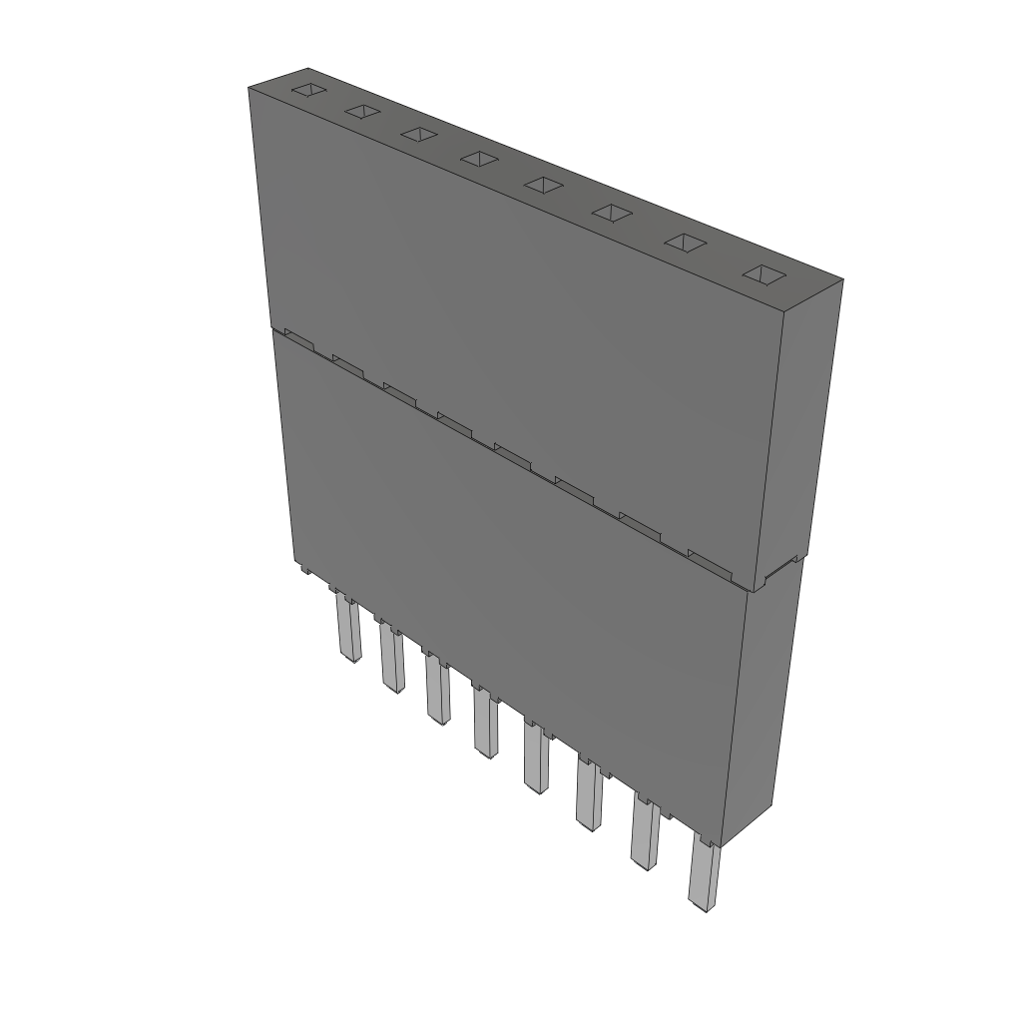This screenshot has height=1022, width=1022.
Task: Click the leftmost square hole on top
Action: (x=308, y=91)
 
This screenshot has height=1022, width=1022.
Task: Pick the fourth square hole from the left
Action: (x=479, y=158)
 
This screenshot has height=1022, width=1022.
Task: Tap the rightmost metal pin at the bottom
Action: (x=704, y=878)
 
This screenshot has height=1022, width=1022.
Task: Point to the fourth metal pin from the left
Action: (x=486, y=724)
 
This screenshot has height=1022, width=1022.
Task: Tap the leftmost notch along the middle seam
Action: (x=299, y=339)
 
